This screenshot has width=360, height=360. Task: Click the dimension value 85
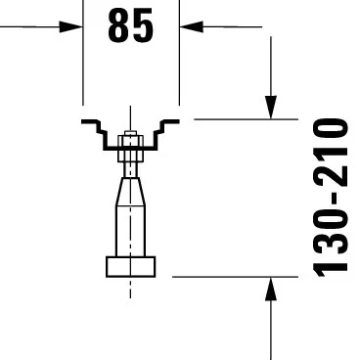[x=131, y=27]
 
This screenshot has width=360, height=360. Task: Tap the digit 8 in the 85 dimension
[x=118, y=27]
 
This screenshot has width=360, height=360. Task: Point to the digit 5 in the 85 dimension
[x=144, y=27]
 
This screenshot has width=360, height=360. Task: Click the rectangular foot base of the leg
[x=130, y=266]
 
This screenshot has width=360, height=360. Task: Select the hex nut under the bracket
[x=128, y=154]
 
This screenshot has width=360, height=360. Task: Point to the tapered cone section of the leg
[x=130, y=191]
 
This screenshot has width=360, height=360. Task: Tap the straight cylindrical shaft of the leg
[x=130, y=230]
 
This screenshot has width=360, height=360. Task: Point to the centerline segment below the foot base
[x=130, y=289]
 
